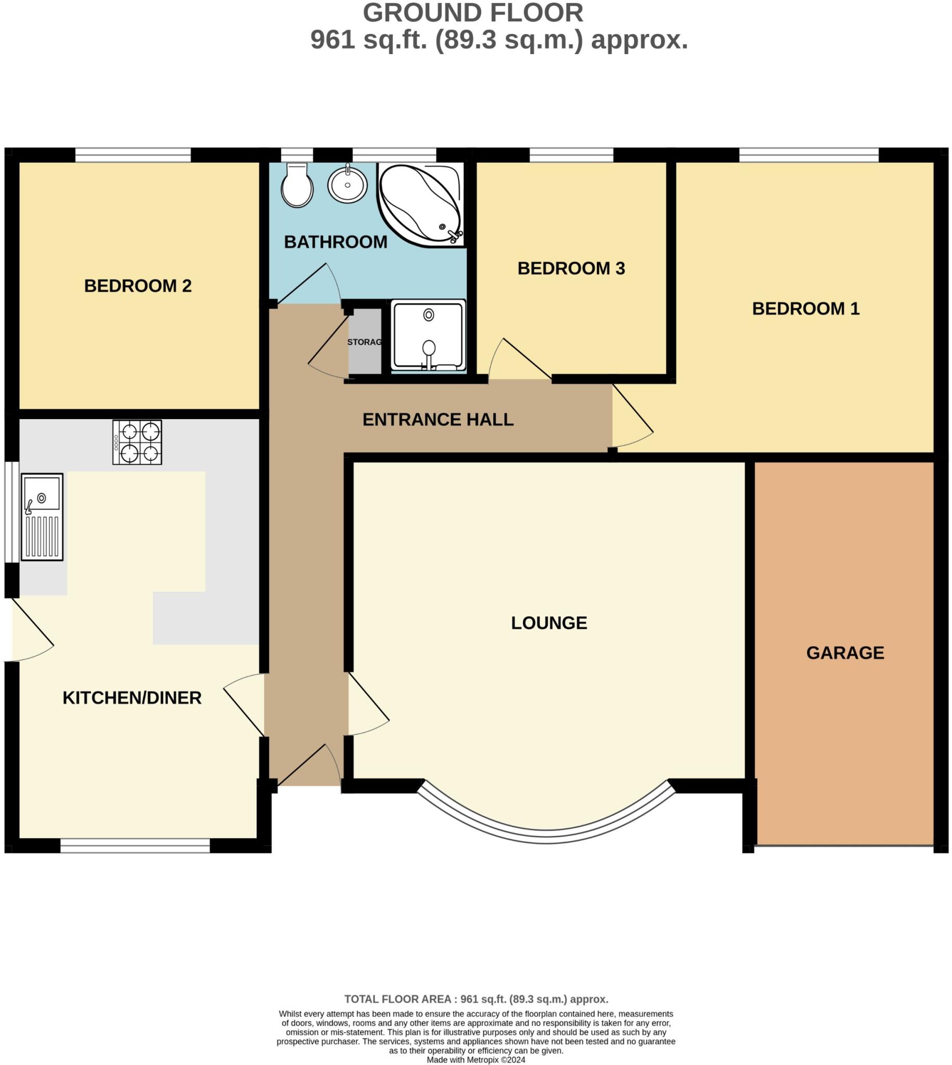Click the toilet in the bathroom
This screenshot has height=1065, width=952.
pyautogui.click(x=297, y=186)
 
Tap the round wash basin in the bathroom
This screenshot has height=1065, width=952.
pyautogui.click(x=348, y=185)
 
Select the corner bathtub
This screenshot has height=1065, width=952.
pyautogui.click(x=419, y=204)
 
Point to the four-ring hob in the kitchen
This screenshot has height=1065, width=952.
pyautogui.click(x=137, y=443)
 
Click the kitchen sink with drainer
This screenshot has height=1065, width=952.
pyautogui.click(x=42, y=516)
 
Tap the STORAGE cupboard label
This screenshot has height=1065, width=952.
pyautogui.click(x=365, y=342)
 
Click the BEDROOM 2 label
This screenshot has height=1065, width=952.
pyautogui.click(x=137, y=286)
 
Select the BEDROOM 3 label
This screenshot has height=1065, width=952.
pyautogui.click(x=571, y=269)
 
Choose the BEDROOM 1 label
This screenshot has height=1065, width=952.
pyautogui.click(x=805, y=308)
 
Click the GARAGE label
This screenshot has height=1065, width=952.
pyautogui.click(x=845, y=653)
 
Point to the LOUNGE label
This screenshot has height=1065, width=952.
pyautogui.click(x=549, y=622)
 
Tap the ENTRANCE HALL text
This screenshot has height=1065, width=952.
pyautogui.click(x=438, y=419)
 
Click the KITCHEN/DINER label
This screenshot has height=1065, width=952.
pyautogui.click(x=132, y=698)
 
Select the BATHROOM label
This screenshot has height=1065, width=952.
pyautogui.click(x=336, y=242)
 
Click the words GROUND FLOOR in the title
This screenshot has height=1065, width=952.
pyautogui.click(x=473, y=13)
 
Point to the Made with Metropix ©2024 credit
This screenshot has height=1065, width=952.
pyautogui.click(x=475, y=1060)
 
